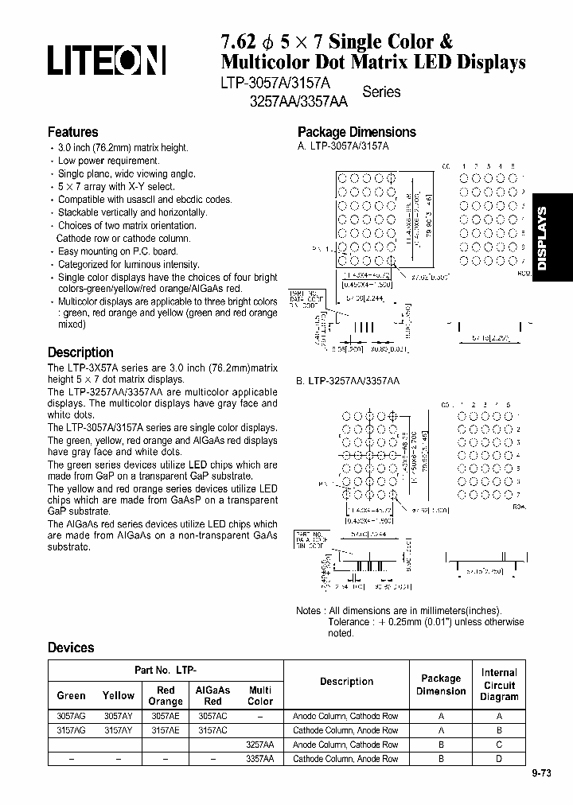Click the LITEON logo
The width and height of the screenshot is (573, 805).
coord(107,60)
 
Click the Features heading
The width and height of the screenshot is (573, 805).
coord(72,132)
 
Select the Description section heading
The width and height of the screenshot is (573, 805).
coord(80,352)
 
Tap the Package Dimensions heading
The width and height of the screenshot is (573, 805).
coord(357,132)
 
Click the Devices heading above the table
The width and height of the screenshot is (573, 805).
coord(71,647)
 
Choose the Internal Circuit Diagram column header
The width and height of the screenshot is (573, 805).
coord(498,684)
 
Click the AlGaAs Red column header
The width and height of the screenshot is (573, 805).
coord(212,696)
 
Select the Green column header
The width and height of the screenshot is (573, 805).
coord(72,695)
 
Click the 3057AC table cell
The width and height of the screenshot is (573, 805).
coord(212,716)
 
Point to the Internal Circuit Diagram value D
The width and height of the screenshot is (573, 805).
coord(498,759)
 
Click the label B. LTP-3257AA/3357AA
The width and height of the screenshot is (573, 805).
coord(349,382)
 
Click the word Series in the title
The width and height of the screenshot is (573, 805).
coord(381,91)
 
